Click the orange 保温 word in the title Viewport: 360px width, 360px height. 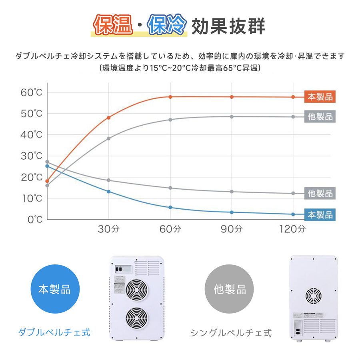[113, 26]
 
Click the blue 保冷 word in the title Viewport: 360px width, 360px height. [167, 26]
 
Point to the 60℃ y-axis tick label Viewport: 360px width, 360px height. [32, 93]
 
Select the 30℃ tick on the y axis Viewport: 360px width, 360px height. [32, 156]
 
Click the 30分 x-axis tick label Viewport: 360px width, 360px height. [109, 229]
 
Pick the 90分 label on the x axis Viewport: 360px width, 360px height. [232, 229]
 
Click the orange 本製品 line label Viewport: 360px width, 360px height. [320, 97]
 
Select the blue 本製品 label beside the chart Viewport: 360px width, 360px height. [320, 215]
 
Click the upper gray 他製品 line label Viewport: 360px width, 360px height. [320, 117]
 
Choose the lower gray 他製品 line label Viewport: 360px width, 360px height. [320, 193]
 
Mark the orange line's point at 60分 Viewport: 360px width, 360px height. [170, 97]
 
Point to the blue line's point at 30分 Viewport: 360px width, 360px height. [109, 192]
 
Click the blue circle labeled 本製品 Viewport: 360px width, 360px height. [54, 289]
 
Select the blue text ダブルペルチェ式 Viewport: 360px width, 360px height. [54, 332]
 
